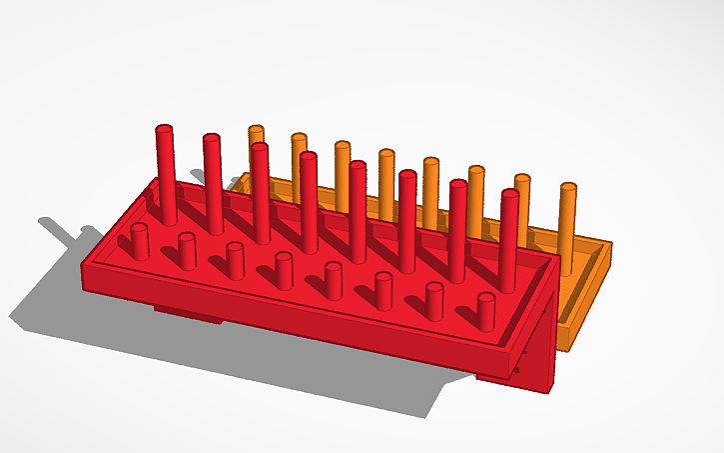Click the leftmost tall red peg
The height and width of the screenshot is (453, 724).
coord(166,175)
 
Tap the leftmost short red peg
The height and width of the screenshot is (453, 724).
coord(140,241)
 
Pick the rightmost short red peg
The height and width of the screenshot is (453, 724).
coord(486,311)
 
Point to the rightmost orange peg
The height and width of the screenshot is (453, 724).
coord(568,220)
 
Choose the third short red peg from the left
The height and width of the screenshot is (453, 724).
coord(235,260)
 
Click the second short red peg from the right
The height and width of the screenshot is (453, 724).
coord(434,300)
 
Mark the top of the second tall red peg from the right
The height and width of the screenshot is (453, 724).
coord(458,184)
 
